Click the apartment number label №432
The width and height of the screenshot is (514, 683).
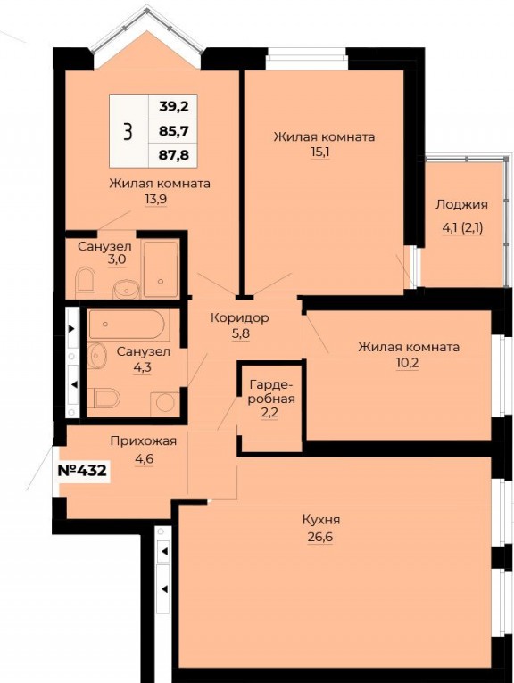82,471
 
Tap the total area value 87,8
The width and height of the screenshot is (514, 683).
173,155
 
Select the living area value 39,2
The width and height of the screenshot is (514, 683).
173,106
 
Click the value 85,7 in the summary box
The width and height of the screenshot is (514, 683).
173,130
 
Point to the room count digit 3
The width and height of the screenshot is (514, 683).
128,131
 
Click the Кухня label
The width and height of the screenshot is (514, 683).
321,520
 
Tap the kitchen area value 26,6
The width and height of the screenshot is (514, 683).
320,537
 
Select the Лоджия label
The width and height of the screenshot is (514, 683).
461,205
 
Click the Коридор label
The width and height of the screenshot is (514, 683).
240,318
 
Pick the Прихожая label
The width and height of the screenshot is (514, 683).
144,441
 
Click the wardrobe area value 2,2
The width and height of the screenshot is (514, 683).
269,413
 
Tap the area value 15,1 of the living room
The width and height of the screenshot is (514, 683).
320,152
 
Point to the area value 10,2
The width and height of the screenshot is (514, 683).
408,363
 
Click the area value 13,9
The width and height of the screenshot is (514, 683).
156,199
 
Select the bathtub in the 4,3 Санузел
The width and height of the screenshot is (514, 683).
128,324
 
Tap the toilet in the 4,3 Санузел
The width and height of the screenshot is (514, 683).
104,399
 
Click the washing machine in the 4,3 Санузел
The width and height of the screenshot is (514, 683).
165,404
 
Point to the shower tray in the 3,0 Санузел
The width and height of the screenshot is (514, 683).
161,268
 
